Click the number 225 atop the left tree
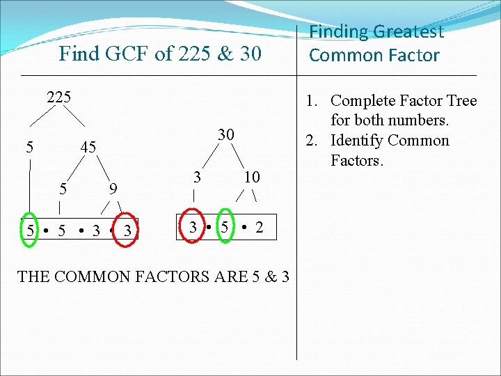coord(58,97)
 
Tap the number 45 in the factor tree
coord(88,147)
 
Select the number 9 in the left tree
coord(113,188)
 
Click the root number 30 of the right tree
coord(225,134)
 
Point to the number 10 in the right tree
coord(251,178)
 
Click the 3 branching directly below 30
coord(198,177)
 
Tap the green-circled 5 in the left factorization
coord(30,230)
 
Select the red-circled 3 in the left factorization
coord(127,230)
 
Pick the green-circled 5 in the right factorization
coord(225,227)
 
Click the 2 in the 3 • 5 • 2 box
coord(259,227)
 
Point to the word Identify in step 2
coord(356,141)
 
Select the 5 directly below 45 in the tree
coord(63,188)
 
